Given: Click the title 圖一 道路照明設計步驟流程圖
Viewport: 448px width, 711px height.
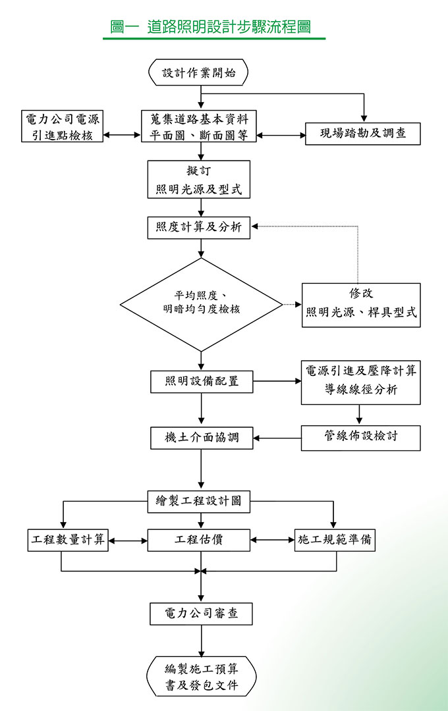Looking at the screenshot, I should (x=211, y=27).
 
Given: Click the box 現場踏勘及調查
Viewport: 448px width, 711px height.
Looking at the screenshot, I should (x=363, y=134).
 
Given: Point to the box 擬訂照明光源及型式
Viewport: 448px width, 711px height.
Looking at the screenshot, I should (x=199, y=179).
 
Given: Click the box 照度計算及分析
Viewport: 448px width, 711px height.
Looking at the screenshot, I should (x=199, y=228).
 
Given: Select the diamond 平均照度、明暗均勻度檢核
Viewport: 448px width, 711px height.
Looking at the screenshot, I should (x=201, y=304).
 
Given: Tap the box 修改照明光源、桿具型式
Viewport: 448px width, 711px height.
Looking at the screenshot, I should (x=361, y=304).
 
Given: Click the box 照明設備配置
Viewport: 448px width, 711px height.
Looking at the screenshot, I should (x=202, y=382).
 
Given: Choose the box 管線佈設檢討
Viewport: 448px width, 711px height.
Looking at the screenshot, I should (x=360, y=437).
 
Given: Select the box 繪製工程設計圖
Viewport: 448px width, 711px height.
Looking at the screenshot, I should (x=199, y=501).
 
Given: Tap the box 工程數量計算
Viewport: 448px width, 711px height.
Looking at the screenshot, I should (x=67, y=540).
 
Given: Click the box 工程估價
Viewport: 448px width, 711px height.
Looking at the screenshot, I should (x=199, y=540).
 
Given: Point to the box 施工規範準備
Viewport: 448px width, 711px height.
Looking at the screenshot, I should (x=335, y=540).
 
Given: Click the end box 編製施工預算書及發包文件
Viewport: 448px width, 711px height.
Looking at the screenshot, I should (x=202, y=676).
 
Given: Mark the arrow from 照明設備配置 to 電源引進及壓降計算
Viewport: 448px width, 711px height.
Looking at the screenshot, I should (x=277, y=381).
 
